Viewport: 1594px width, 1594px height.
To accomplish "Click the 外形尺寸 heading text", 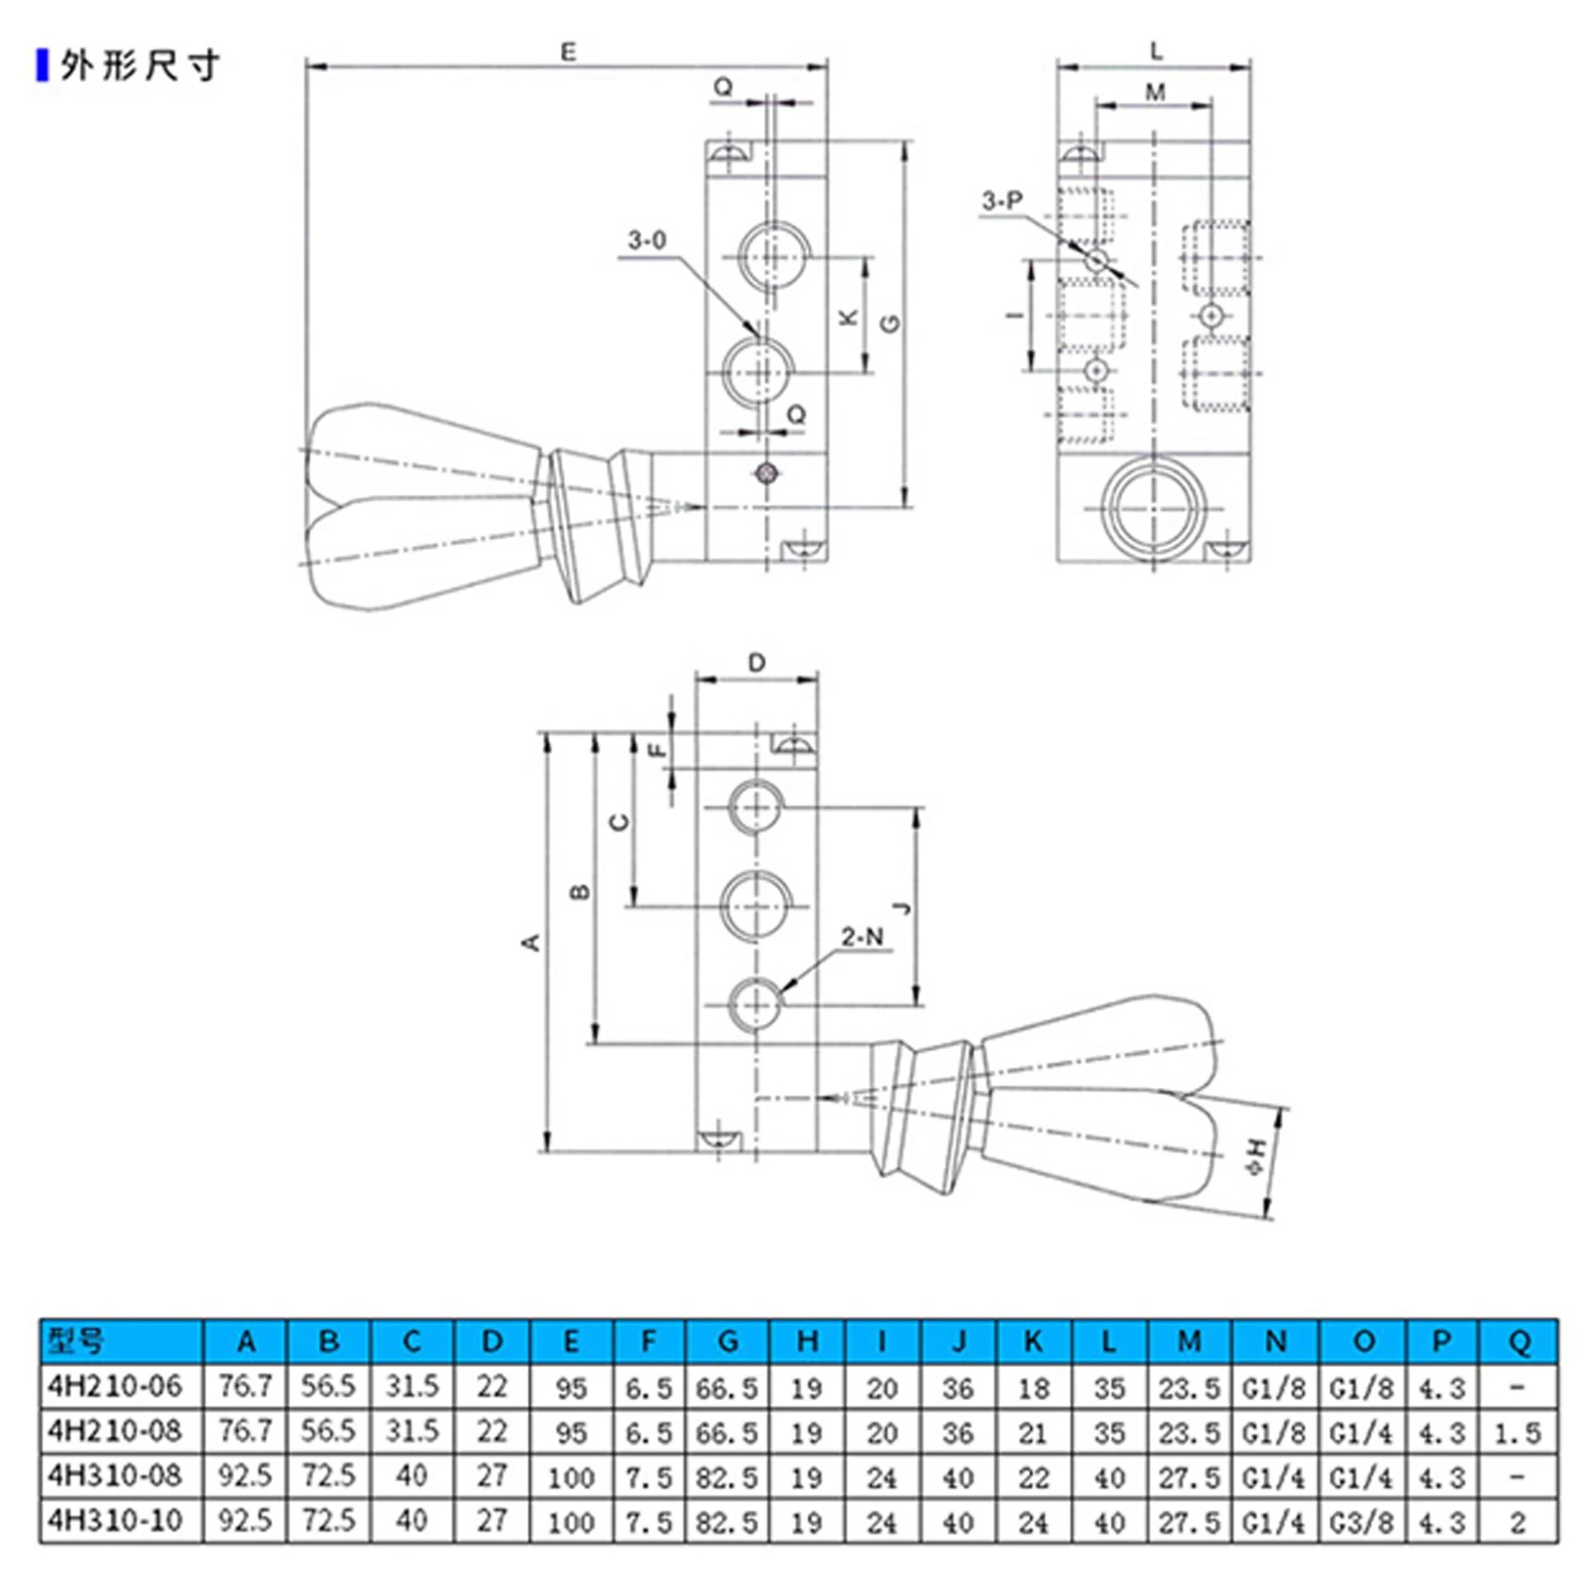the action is [x=139, y=66].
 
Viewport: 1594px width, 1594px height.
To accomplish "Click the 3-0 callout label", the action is [x=647, y=240].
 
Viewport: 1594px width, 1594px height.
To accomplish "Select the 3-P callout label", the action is [x=1001, y=200].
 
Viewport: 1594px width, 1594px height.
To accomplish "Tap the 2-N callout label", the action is [x=862, y=936].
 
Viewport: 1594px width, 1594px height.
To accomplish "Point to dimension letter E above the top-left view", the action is [x=568, y=52].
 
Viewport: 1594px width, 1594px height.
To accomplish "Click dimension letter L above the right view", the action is [x=1156, y=51].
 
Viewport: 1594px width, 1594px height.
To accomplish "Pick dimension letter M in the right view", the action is [x=1156, y=93].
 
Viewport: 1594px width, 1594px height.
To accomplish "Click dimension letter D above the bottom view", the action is [x=757, y=664].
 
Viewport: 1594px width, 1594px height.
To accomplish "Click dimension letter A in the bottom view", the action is [x=530, y=941].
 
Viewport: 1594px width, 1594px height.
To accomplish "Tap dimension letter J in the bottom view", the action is [x=902, y=908].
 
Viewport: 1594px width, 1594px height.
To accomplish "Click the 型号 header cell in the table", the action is [x=76, y=1341].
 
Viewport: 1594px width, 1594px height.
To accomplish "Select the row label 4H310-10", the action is [x=116, y=1520].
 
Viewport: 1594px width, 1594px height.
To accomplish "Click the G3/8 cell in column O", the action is [x=1362, y=1521].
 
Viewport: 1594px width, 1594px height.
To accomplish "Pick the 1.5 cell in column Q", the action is [x=1517, y=1433].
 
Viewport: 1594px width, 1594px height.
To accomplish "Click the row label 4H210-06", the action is [x=116, y=1386].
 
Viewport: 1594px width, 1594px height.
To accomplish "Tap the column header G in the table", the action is [x=727, y=1342].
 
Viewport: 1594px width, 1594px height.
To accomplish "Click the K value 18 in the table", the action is [x=1033, y=1388].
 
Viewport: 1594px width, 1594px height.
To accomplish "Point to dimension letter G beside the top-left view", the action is [x=891, y=323].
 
